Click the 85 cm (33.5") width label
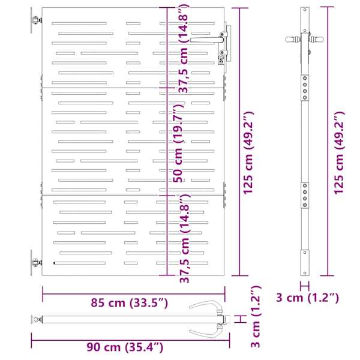129,303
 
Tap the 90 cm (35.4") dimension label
125,347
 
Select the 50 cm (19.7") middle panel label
178,143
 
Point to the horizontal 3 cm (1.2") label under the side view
307,298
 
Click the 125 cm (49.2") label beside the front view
248,153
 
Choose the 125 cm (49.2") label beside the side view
339,153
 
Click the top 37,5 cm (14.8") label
184,49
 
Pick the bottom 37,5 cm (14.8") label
185,238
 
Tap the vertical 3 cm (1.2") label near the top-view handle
256,316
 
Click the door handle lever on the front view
206,40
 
